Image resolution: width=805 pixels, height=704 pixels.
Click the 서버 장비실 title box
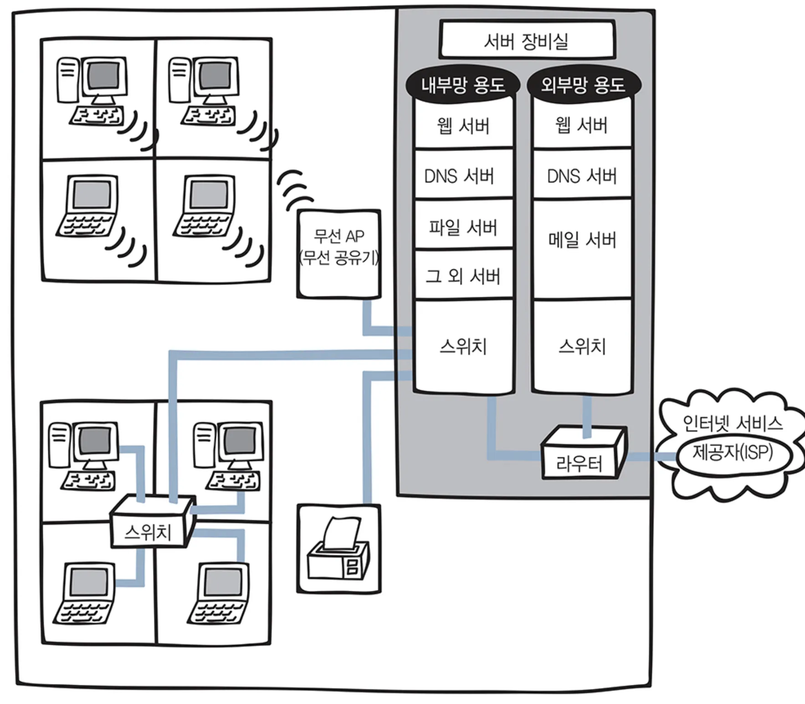coord(527,40)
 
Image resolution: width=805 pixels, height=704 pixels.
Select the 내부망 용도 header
coord(463,85)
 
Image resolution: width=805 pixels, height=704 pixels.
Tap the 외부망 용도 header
coord(583,85)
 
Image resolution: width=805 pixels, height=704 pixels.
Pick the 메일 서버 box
coord(582,240)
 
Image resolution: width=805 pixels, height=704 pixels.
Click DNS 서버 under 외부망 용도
coord(582,176)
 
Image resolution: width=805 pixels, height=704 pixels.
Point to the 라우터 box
coord(579,463)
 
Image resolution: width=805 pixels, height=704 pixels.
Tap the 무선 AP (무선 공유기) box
coord(339,253)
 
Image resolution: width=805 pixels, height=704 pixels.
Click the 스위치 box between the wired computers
coord(148,532)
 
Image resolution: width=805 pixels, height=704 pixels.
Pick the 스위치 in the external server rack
coord(582,347)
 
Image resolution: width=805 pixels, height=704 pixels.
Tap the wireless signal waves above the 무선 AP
coord(294,189)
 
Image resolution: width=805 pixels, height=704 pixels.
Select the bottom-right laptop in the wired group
coord(220,593)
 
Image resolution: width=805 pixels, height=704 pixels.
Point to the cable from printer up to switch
coord(367,438)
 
